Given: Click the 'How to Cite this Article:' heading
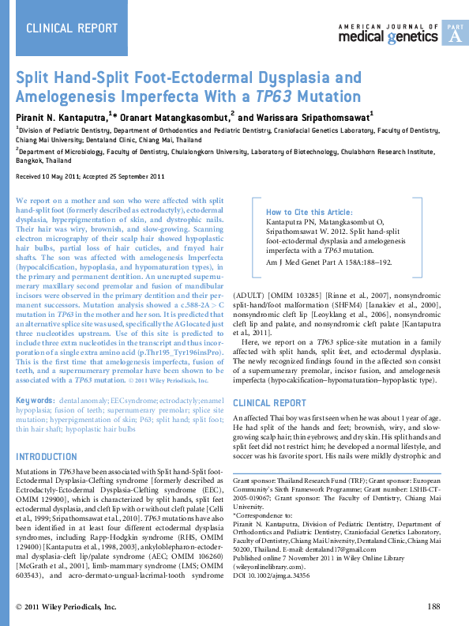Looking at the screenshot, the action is click(310, 213).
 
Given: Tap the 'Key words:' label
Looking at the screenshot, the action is click(35, 402).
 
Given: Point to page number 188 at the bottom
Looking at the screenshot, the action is click(433, 606).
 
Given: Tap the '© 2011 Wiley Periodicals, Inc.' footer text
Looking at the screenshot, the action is click(66, 606).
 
